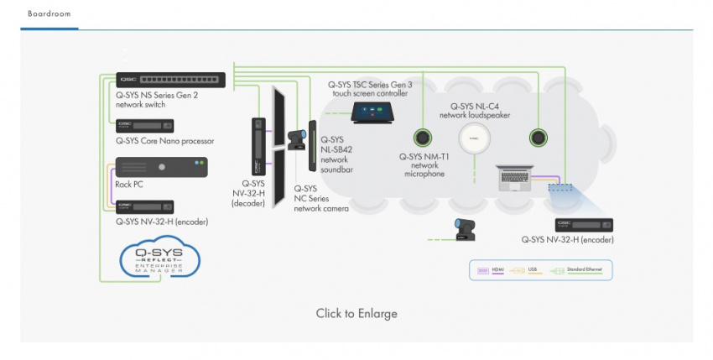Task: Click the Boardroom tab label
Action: point(49,14)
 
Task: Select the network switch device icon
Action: point(171,80)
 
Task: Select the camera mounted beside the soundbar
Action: point(296,140)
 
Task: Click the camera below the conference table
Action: point(464,228)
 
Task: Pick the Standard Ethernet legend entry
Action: point(580,270)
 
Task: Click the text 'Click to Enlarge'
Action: point(356,313)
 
